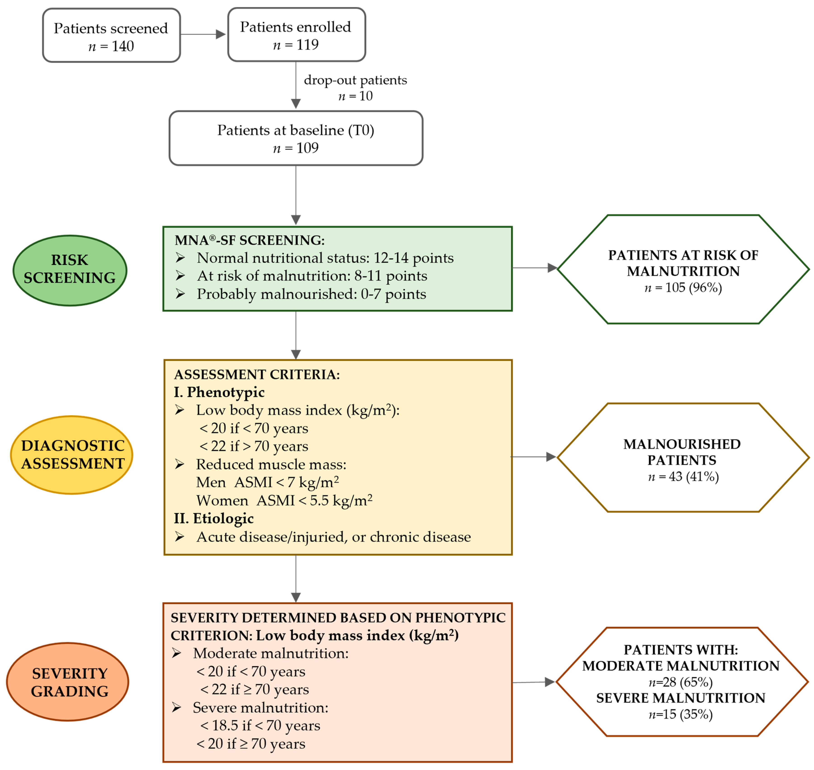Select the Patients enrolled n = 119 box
pos(296,35)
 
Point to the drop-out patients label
pos(355,80)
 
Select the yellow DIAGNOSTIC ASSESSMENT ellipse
pos(72,454)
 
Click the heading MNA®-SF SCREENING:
pos(249,240)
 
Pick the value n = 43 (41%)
pos(683,477)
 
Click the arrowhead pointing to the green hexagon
pos(552,268)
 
